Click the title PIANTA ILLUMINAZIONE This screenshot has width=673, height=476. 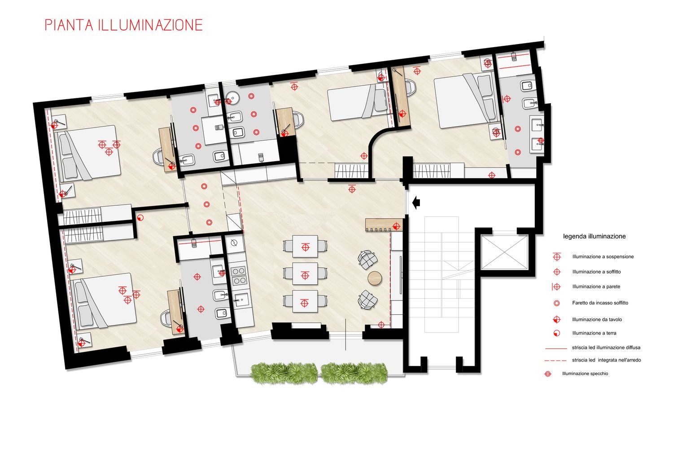click(124, 25)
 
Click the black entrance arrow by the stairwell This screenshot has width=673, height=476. click(416, 203)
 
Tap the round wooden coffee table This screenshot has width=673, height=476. click(375, 278)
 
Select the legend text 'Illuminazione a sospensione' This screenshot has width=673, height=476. click(603, 256)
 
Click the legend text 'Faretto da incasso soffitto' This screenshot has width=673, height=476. click(600, 303)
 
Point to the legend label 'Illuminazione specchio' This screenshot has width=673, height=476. click(585, 374)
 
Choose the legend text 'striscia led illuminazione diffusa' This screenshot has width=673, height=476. click(606, 347)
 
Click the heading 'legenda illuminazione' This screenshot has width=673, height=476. click(594, 236)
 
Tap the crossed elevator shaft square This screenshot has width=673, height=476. click(504, 252)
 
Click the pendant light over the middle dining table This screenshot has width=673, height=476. click(305, 275)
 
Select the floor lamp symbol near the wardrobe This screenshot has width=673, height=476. click(140, 217)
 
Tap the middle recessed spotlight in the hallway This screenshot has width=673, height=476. click(206, 204)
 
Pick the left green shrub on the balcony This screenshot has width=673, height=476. click(284, 373)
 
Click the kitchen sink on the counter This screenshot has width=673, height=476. click(241, 300)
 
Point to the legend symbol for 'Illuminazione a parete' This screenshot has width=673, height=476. click(556, 287)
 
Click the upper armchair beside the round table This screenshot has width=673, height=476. click(367, 260)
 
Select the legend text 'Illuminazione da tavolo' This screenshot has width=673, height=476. click(597, 319)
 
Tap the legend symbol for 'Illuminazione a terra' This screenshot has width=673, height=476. click(557, 333)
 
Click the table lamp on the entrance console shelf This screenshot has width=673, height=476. click(396, 226)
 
